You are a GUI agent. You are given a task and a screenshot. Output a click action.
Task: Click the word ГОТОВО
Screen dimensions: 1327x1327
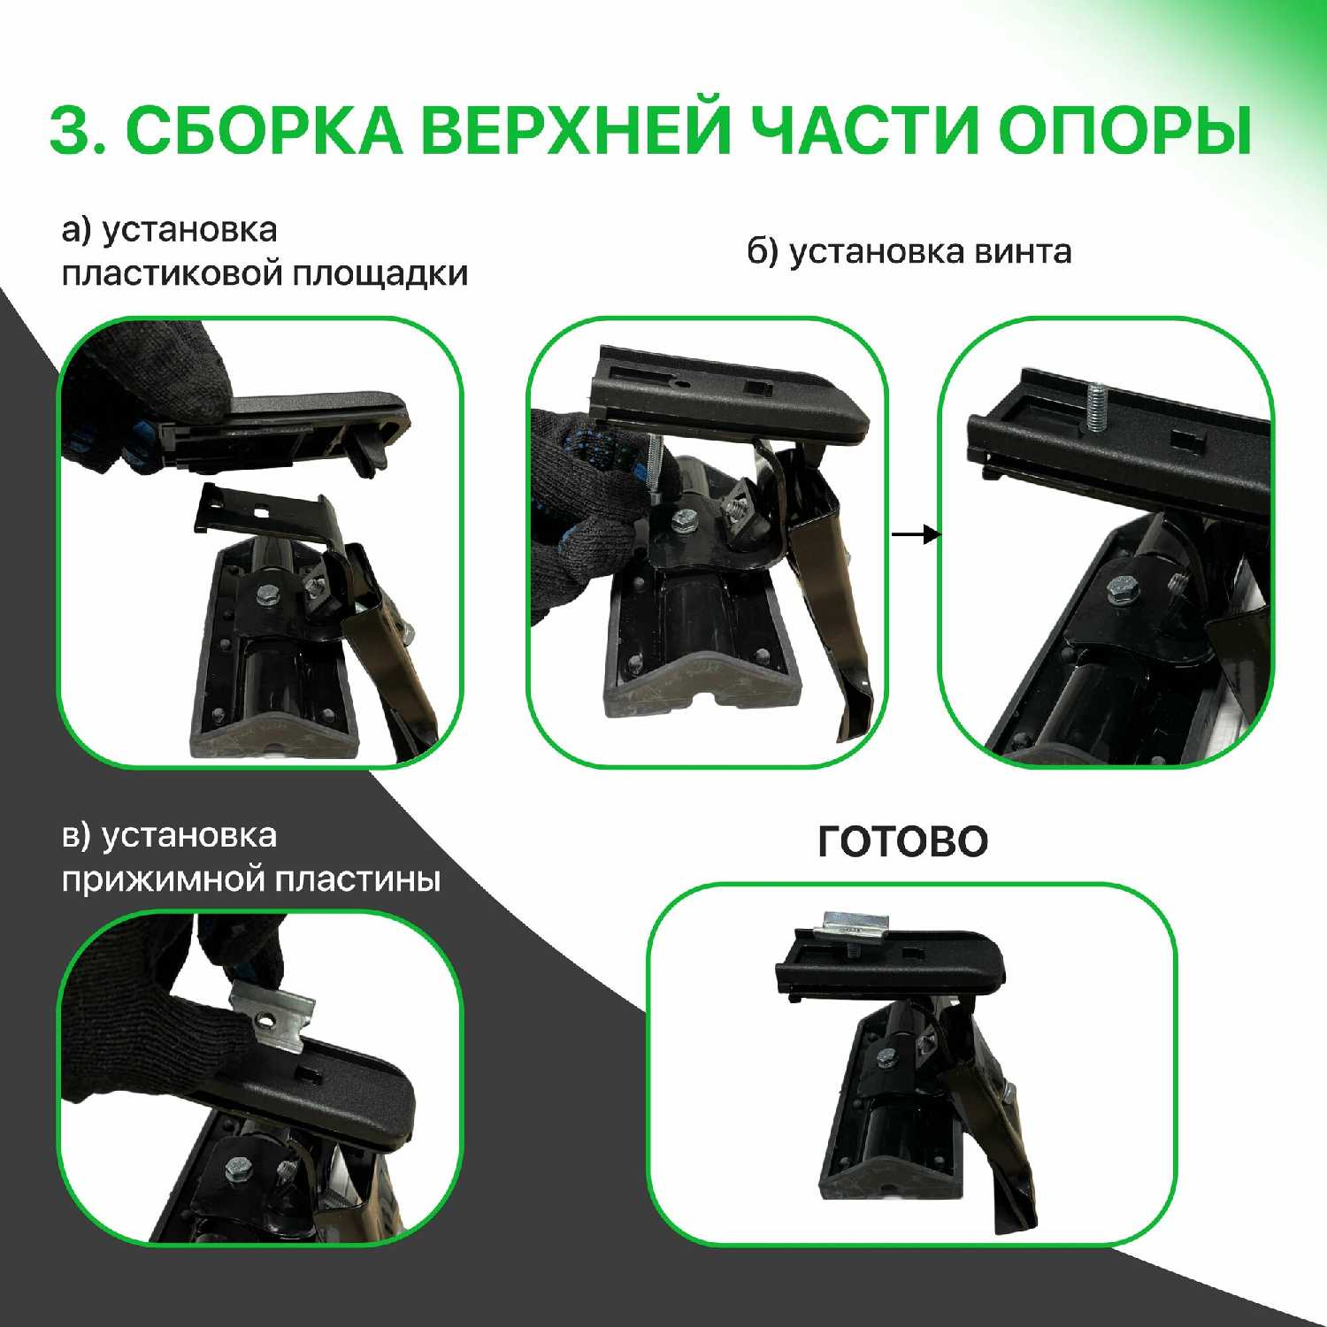[x=902, y=841]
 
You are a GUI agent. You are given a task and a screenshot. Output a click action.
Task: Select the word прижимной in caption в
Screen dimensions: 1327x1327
[x=164, y=881]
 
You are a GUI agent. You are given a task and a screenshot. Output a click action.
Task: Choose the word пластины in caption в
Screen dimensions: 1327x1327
[x=357, y=879]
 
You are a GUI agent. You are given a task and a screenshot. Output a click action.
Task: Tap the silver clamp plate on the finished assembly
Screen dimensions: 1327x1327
[x=853, y=924]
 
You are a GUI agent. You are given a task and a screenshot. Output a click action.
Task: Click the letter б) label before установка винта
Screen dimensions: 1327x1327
[x=762, y=252]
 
